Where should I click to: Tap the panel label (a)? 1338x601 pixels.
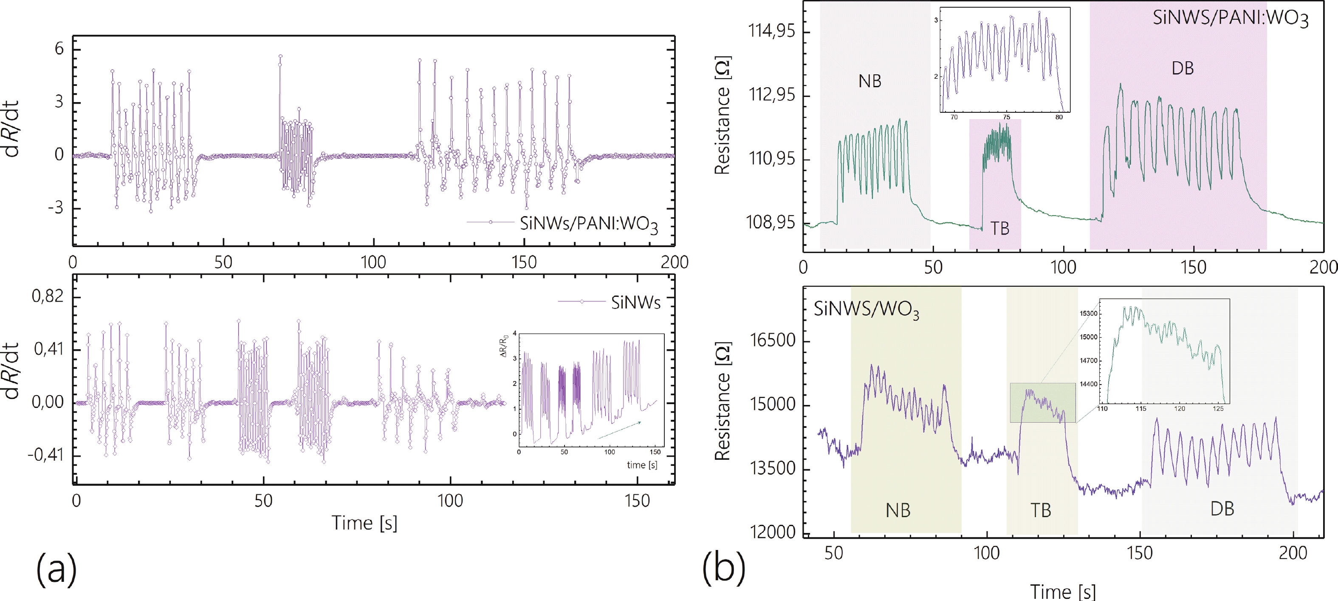(56, 568)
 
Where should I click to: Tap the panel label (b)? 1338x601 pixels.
(723, 568)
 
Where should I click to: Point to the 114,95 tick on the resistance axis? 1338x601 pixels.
(771, 31)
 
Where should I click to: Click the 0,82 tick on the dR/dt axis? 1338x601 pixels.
(48, 296)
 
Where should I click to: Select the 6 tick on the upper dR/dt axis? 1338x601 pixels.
(59, 49)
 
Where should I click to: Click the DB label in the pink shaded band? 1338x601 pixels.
(1183, 68)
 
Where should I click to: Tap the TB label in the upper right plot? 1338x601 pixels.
(999, 228)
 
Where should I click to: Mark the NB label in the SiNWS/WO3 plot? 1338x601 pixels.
(898, 510)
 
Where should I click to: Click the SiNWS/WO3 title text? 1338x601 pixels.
(866, 310)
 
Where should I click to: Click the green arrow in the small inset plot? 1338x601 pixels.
(619, 430)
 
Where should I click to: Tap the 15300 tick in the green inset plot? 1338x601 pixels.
(1089, 313)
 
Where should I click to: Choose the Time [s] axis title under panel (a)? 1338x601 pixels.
(364, 522)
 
